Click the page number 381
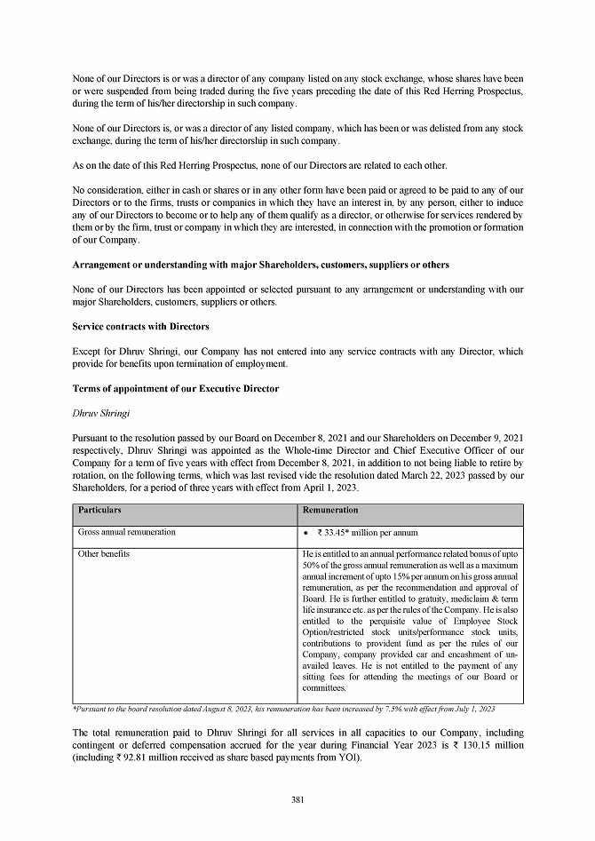[297, 800]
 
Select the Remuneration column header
[330, 511]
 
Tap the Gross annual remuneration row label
[126, 532]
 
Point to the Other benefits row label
[104, 553]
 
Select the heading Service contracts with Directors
[140, 327]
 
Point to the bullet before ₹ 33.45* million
[306, 532]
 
